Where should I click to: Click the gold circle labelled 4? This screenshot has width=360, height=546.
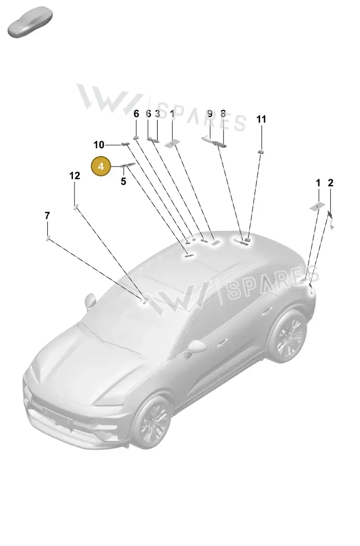click(x=101, y=166)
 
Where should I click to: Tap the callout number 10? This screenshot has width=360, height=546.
click(x=99, y=145)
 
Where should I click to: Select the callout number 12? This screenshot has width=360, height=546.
click(x=75, y=176)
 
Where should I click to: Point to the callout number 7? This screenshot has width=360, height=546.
click(x=47, y=216)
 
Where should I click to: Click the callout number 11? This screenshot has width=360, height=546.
click(x=261, y=119)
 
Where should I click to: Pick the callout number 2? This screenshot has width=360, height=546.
click(x=330, y=183)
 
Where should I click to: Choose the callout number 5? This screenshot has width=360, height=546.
click(x=124, y=181)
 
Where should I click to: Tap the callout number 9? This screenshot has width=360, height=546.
click(x=210, y=114)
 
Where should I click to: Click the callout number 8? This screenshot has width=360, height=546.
click(x=223, y=114)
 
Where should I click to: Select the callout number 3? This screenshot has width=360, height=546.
click(x=157, y=114)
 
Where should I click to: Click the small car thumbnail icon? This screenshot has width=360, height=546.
click(x=30, y=22)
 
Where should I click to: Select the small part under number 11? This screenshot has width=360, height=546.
click(x=261, y=152)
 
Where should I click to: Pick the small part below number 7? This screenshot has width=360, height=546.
click(x=47, y=238)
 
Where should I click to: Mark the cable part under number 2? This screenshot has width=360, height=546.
click(x=330, y=219)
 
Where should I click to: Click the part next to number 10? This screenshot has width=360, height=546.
click(x=125, y=144)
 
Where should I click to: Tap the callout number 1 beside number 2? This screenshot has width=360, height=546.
click(x=318, y=183)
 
